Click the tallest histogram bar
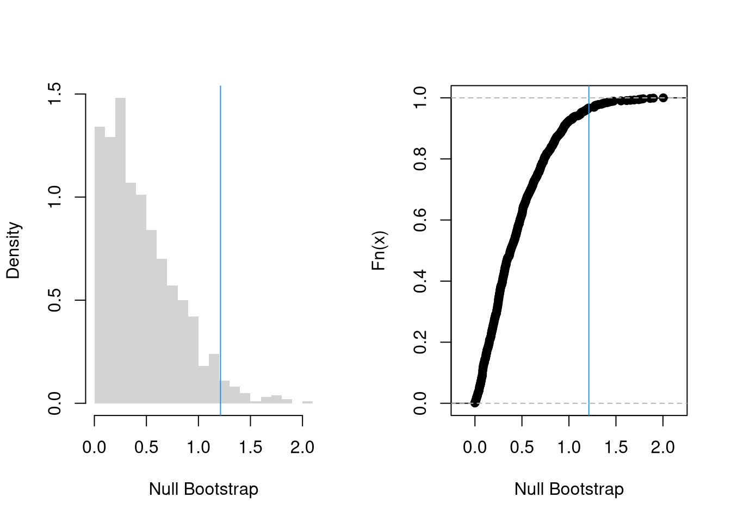(x=120, y=250)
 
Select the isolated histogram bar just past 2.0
(x=307, y=402)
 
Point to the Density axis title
(x=13, y=250)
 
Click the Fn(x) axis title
(x=379, y=251)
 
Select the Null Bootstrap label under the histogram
(x=203, y=489)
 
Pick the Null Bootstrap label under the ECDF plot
(x=569, y=489)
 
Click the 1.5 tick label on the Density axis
(x=55, y=94)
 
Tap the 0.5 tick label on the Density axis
(x=55, y=300)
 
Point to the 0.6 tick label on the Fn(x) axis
(x=420, y=220)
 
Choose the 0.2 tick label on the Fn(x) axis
(x=420, y=343)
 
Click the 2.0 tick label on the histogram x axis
(x=302, y=448)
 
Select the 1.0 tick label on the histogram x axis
(x=199, y=448)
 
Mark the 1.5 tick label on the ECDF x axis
(x=616, y=448)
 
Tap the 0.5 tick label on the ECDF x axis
(x=522, y=448)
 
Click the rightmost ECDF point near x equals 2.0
(x=662, y=98)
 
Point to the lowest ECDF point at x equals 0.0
(x=475, y=403)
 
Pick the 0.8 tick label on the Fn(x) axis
(x=420, y=159)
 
